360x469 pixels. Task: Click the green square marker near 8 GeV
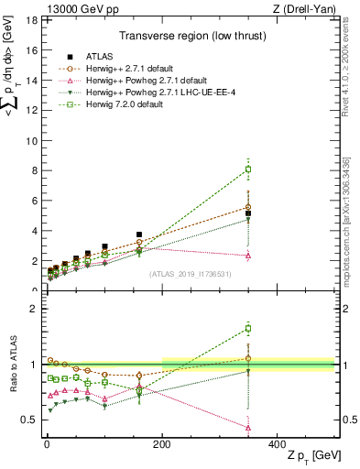click(247, 169)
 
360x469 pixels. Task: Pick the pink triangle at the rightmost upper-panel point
click(247, 255)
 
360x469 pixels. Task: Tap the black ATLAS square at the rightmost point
click(247, 213)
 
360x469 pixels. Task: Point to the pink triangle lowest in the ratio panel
click(247, 427)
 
